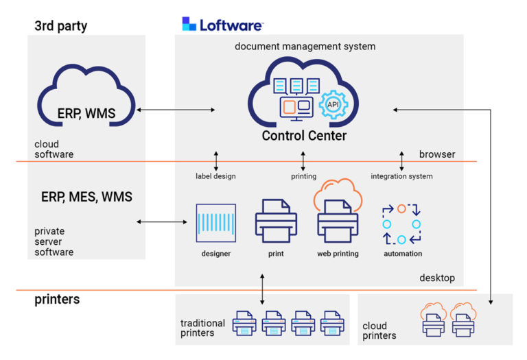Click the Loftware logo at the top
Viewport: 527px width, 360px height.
pos(222,25)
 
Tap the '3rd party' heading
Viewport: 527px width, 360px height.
pos(60,27)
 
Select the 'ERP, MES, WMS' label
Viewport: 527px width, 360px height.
pos(86,197)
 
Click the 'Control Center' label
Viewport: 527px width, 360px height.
pos(304,136)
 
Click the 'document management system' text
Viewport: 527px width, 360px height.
pos(305,47)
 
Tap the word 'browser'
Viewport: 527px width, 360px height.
pos(436,154)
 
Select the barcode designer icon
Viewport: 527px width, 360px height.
pos(215,223)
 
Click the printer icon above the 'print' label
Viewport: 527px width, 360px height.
pos(276,221)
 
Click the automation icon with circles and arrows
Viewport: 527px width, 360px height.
pos(401,224)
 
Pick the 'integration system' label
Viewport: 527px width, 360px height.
pos(401,176)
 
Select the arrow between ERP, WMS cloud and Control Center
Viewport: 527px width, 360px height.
pos(176,110)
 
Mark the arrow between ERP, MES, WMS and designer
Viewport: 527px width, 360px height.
pos(162,221)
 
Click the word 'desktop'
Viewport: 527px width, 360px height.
pos(436,278)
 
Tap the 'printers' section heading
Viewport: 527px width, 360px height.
pos(57,300)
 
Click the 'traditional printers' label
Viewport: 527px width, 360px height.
pos(202,328)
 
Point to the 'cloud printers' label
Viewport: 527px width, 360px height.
pos(379,331)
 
